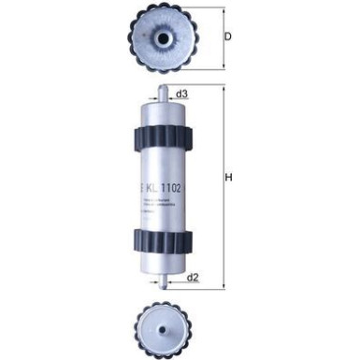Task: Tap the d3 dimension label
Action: click(183, 94)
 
